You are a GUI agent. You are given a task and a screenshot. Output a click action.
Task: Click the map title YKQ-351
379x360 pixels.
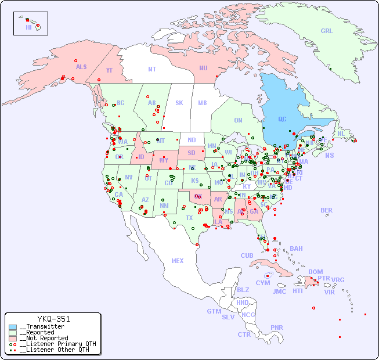53,319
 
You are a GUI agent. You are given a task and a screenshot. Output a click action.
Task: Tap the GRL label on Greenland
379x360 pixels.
327,31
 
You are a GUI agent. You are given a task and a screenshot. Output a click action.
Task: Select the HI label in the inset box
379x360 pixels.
28,27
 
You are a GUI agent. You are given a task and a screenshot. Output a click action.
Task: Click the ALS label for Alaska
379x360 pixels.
81,67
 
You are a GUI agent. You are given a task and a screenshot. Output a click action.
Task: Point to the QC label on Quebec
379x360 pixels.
282,119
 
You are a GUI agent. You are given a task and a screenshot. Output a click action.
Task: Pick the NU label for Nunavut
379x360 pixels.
203,68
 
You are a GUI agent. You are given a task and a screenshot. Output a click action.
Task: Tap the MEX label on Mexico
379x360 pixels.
178,261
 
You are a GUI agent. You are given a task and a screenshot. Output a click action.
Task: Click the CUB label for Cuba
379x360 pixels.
247,255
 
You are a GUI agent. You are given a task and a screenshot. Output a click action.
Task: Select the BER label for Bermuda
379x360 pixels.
327,210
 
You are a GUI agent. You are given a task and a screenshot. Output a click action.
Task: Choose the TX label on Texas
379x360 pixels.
189,218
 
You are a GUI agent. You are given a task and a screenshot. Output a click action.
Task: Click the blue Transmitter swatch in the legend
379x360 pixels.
13,327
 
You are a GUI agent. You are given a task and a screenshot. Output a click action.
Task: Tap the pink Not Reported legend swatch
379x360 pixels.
13,338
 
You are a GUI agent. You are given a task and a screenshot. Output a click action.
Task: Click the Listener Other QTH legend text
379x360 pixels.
55,350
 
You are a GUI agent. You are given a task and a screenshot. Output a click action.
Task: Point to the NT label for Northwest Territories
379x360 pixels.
151,69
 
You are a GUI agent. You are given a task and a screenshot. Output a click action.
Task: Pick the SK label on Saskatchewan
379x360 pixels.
179,103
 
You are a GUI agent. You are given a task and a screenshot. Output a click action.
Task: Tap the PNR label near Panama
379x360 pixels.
277,327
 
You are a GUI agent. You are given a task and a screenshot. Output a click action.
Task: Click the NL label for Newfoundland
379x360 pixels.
341,133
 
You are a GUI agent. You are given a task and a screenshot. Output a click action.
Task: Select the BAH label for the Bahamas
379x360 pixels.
296,249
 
